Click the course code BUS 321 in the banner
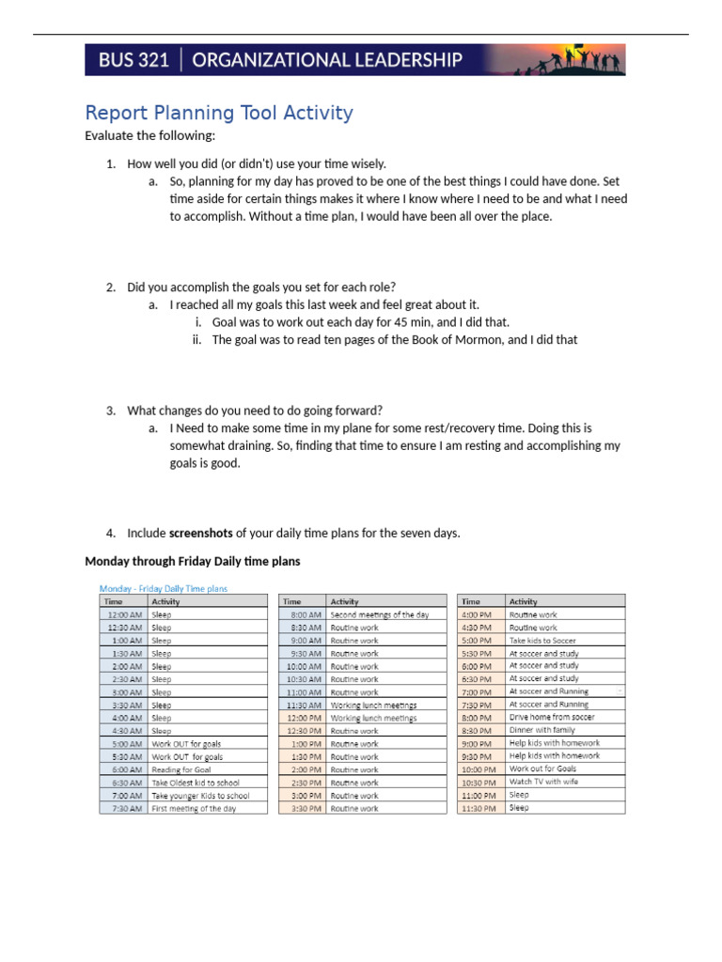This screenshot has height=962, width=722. pyautogui.click(x=134, y=60)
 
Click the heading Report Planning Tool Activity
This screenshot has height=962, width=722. pyautogui.click(x=219, y=114)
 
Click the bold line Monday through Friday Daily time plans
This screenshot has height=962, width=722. pyautogui.click(x=193, y=562)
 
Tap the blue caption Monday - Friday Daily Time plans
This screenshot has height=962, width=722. pyautogui.click(x=164, y=589)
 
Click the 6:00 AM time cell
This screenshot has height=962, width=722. pyautogui.click(x=124, y=769)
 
